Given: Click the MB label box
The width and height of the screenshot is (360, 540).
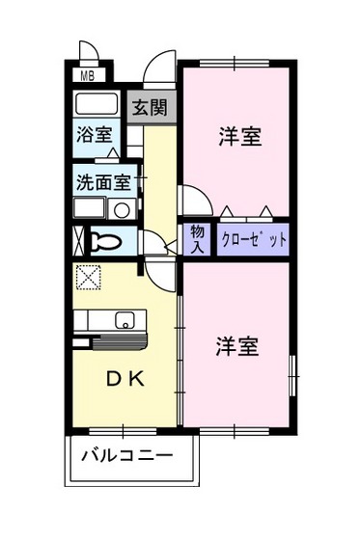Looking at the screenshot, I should tap(87, 74).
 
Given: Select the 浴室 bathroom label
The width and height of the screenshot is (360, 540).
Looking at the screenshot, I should tap(94, 134).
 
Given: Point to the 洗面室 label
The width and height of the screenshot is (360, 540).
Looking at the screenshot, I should tap(105, 179).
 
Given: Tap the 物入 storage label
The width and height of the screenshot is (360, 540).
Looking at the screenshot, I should tap(197, 237).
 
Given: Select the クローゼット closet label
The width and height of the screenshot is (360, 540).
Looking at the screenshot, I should tap(254, 239).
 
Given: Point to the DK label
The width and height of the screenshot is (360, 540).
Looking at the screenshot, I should tap(124, 379).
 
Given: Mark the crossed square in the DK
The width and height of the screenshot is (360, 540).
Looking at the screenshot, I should tap(89, 277).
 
